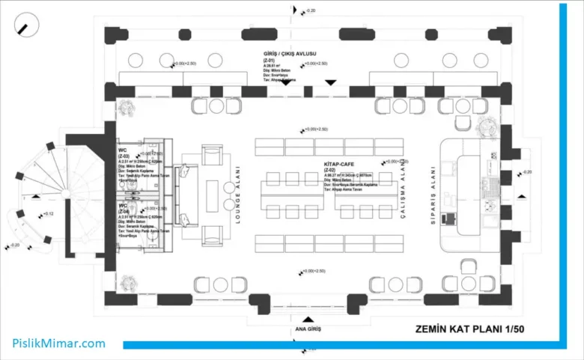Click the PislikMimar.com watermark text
(x=58, y=344)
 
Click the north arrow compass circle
(x=28, y=27)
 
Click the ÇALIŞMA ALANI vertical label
(x=402, y=192)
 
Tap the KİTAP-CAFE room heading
(x=339, y=162)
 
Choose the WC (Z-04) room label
(x=124, y=207)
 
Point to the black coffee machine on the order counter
(x=449, y=219)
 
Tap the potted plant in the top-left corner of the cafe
(x=129, y=106)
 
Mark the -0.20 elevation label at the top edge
(x=310, y=10)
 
